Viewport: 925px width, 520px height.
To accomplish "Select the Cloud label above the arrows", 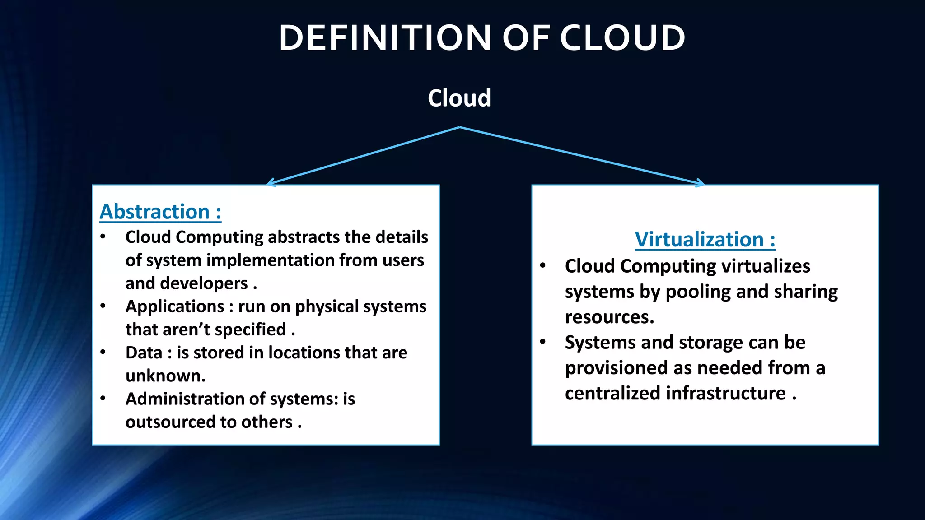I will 459,98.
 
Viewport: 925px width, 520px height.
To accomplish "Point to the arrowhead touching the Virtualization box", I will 701,183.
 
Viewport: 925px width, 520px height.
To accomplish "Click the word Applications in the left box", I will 175,306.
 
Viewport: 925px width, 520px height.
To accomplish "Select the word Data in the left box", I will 144,353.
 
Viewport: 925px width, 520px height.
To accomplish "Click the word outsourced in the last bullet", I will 170,422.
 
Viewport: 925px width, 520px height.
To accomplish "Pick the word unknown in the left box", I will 165,376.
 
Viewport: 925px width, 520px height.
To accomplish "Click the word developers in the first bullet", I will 204,283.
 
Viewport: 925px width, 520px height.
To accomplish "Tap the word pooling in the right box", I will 698,292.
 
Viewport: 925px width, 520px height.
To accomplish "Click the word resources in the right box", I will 609,317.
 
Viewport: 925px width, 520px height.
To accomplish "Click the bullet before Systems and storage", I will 543,342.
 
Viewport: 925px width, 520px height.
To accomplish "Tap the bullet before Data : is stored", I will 103,352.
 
